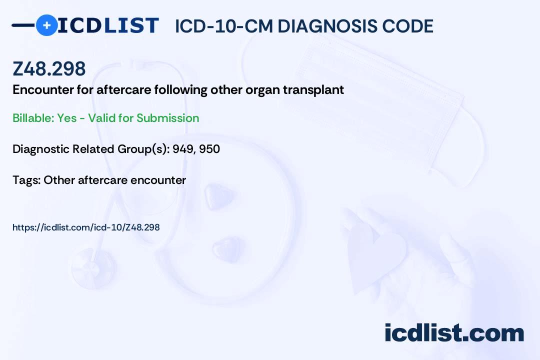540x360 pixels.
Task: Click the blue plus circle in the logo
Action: click(46, 25)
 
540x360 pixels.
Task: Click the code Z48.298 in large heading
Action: click(49, 68)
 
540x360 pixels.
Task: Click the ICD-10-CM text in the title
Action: click(224, 26)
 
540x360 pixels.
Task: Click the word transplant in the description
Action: click(313, 90)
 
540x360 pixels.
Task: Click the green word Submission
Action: click(167, 118)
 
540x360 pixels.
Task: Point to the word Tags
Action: click(26, 180)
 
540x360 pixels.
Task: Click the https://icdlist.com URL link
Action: click(86, 227)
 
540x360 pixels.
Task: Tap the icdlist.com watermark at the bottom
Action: click(454, 333)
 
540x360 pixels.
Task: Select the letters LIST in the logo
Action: click(131, 25)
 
